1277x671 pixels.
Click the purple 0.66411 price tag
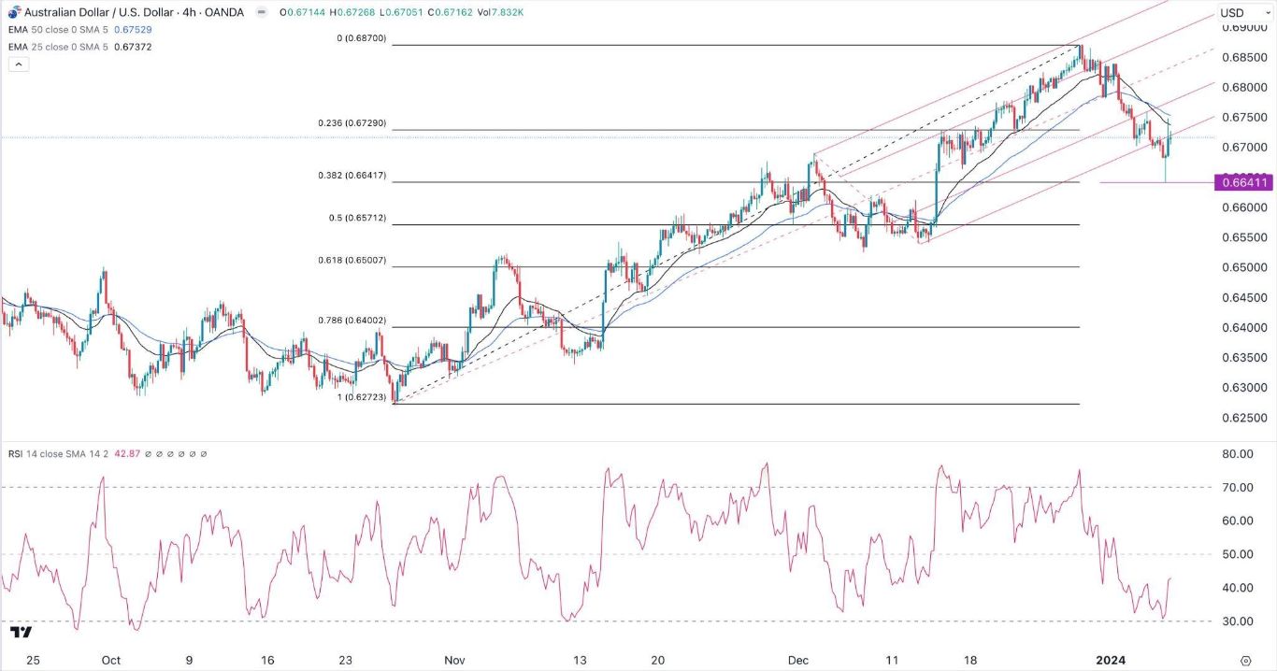point(1242,182)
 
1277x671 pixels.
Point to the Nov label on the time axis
point(453,660)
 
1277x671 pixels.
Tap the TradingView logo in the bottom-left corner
point(21,633)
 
